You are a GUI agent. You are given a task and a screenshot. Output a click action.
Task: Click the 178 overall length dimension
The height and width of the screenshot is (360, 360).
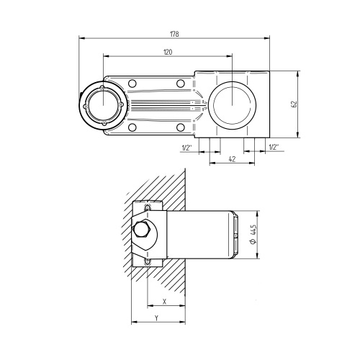pyautogui.click(x=174, y=33)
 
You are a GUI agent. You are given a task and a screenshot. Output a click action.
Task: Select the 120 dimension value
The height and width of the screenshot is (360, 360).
pyautogui.click(x=168, y=52)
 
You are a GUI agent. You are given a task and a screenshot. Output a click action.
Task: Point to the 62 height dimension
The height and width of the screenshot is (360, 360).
pyautogui.click(x=293, y=104)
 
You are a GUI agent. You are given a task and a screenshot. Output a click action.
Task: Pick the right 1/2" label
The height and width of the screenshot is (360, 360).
pyautogui.click(x=274, y=148)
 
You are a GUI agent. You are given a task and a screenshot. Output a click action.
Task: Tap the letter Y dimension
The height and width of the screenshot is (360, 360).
pyautogui.click(x=156, y=317)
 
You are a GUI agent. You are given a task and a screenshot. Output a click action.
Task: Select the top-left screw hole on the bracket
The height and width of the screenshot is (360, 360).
pyautogui.click(x=132, y=84)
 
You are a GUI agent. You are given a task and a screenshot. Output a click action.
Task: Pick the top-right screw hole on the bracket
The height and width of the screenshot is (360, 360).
pyautogui.click(x=181, y=84)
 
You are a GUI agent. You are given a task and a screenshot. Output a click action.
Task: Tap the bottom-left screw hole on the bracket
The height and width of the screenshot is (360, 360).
pyautogui.click(x=132, y=127)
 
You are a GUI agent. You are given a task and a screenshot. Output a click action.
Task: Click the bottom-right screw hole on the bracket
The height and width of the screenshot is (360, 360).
pyautogui.click(x=181, y=127)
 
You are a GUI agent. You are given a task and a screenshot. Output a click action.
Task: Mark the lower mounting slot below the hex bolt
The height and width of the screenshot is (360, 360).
pyautogui.click(x=148, y=261)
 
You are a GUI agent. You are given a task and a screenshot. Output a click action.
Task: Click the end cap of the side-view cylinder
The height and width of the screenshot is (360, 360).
pyautogui.click(x=234, y=234)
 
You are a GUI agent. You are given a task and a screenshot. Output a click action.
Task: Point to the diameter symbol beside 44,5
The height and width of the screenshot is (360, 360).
pyautogui.click(x=253, y=243)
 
